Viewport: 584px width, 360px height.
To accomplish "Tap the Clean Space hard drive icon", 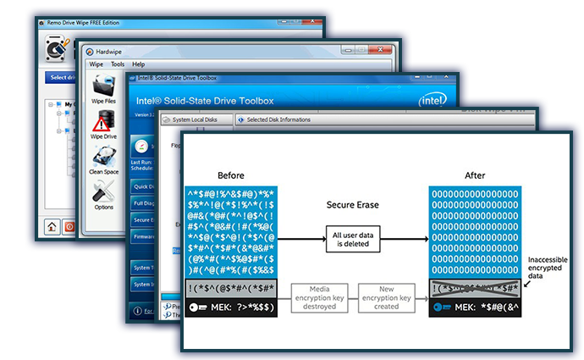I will pyautogui.click(x=103, y=159).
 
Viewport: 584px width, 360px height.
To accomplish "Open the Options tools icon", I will pyautogui.click(x=103, y=192).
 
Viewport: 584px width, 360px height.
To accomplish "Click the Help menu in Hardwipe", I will pyautogui.click(x=138, y=64).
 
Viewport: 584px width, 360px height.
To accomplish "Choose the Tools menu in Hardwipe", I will pyautogui.click(x=118, y=64).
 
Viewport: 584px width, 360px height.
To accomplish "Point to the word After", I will pyautogui.click(x=475, y=175).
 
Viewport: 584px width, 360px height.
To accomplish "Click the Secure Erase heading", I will pyautogui.click(x=352, y=205).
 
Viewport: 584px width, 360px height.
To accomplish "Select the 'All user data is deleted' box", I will pyautogui.click(x=352, y=241).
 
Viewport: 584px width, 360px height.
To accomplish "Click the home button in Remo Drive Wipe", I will pyautogui.click(x=52, y=226).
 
